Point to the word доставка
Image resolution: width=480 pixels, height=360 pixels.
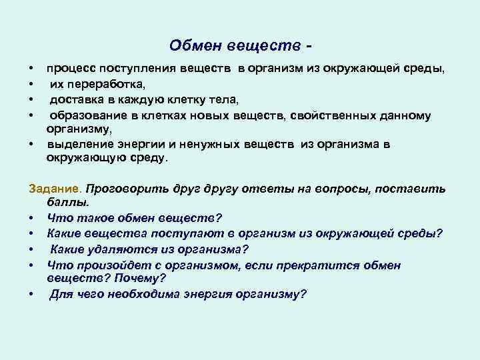click(77, 99)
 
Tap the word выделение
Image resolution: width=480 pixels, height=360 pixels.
click(77, 145)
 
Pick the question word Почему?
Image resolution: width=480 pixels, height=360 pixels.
click(142, 278)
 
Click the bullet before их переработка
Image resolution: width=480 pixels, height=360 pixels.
click(31, 84)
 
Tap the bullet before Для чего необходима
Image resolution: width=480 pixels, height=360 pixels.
click(31, 294)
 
